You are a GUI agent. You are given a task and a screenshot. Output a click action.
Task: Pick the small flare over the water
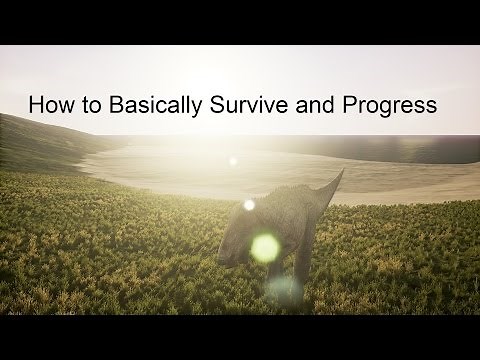(234, 159)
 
